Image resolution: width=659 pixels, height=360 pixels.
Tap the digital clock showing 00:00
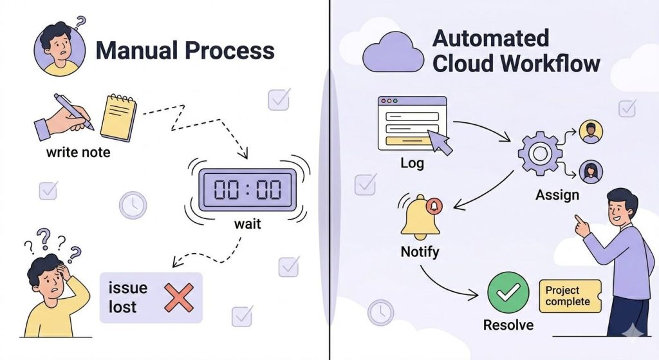(x=248, y=189)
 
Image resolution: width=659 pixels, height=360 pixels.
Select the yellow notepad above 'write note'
(x=118, y=117)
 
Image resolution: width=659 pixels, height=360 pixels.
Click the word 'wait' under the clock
(x=248, y=225)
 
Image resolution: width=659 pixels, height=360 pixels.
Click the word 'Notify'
(x=420, y=251)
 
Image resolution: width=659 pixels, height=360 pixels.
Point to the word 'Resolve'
(x=508, y=325)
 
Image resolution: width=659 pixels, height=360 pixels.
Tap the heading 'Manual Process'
(x=185, y=50)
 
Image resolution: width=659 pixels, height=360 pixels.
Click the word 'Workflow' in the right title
(x=550, y=63)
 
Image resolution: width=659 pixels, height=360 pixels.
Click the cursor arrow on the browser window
(x=442, y=144)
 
